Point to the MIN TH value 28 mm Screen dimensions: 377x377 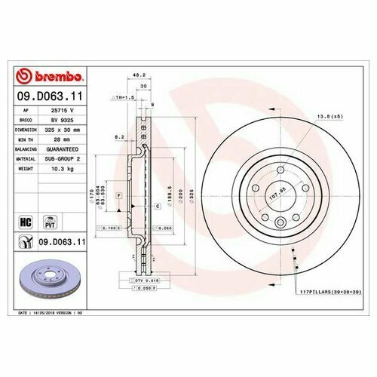click(70, 139)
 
